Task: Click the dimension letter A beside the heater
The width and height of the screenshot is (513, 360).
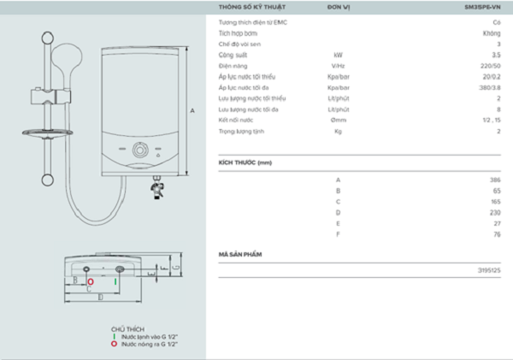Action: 194,110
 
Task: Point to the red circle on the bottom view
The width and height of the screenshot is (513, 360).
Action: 91,280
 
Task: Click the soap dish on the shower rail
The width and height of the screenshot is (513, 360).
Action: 43,132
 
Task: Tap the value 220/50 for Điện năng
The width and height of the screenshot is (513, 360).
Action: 491,65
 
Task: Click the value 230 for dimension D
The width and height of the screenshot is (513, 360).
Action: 495,212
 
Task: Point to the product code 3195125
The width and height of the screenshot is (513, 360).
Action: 489,270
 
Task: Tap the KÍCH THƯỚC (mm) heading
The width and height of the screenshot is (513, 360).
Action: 245,162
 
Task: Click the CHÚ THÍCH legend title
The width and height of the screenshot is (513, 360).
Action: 127,329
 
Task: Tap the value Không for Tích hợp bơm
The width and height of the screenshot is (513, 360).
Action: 491,32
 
